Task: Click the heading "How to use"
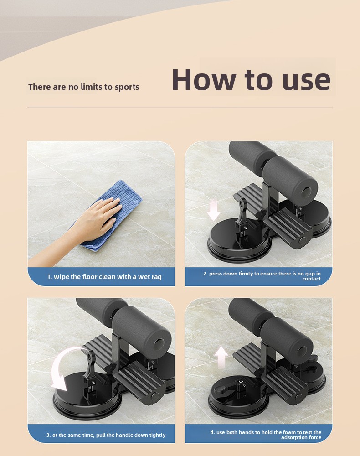point(252,80)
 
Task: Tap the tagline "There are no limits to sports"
point(84,87)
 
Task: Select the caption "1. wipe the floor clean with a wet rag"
point(104,277)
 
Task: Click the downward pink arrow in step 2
point(214,210)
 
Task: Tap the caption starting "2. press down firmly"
point(262,276)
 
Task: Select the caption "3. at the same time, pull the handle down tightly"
point(106,435)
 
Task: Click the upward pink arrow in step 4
point(221,358)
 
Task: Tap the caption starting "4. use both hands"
point(266,435)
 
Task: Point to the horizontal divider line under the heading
point(180,107)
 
